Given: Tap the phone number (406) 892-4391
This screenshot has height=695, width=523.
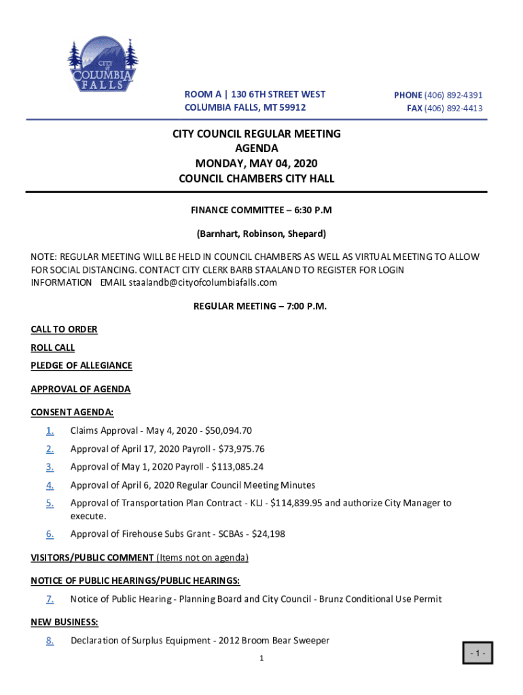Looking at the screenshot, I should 454,96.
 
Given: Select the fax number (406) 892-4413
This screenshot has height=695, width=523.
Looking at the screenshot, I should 454,109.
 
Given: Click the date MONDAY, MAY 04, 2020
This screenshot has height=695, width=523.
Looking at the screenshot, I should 256,164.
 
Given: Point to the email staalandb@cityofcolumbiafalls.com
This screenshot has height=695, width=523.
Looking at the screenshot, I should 203,282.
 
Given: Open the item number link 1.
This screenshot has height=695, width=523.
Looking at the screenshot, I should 50,431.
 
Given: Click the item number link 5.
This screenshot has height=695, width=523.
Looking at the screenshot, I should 50,503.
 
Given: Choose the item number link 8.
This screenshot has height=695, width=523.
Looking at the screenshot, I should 50,640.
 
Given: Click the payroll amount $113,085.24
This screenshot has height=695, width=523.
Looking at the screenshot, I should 237,467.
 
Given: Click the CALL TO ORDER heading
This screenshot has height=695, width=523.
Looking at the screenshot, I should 64,329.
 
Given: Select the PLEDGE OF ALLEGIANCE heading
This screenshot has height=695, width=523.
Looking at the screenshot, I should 82,366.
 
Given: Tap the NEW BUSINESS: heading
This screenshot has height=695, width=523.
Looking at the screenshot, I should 65,622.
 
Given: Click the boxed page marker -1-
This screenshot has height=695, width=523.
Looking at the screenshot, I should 476,654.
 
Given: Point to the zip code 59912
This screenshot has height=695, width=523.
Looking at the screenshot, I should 291,108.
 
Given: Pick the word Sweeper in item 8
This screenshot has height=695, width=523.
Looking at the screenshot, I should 310,640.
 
